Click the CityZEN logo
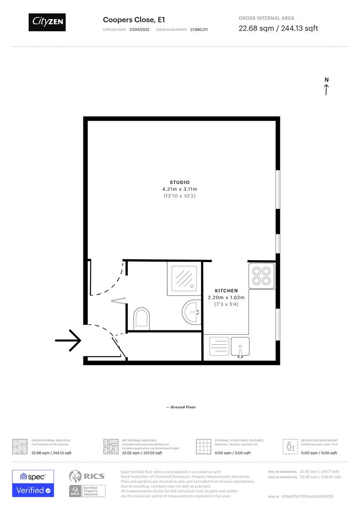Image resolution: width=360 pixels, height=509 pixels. pos(47,22)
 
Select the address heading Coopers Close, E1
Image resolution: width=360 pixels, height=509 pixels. pos(134,20)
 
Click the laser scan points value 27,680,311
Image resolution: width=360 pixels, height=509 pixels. pos(199,30)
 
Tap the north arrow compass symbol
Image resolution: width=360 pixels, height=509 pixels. pos(326,87)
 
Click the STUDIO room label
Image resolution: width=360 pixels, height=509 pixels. pos(180,182)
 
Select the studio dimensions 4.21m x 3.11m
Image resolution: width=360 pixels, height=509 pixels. pos(180,189)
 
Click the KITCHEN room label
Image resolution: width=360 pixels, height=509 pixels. pos(226,291)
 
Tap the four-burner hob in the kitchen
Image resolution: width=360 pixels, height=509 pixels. pos(262,275)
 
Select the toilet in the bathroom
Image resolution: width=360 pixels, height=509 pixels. pos(142,318)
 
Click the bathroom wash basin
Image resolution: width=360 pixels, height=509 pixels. pos(191,312)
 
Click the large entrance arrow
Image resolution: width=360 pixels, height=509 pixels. pos(68,340)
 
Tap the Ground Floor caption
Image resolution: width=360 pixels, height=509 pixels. pos(181,407)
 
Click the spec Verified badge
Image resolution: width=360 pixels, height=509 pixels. pos(33,483)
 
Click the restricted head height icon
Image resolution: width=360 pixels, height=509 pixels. pos(290,446)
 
